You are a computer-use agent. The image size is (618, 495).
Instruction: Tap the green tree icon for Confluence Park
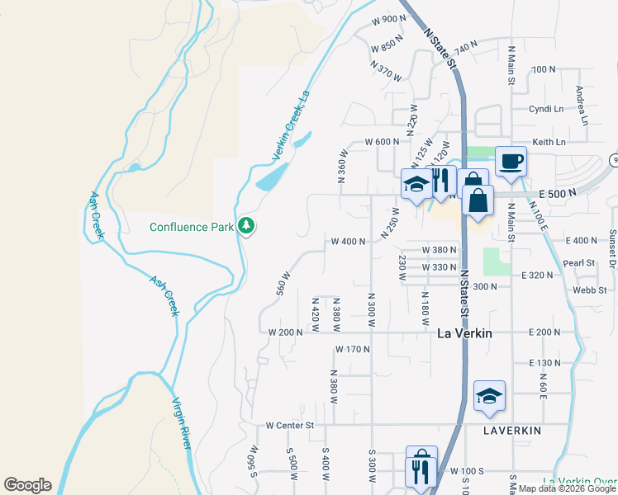pos(246,225)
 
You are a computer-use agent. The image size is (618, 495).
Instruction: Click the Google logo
pos(27,485)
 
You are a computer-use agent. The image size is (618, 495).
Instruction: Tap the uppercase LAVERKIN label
pos(511,431)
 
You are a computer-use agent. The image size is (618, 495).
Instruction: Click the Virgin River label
pos(182,423)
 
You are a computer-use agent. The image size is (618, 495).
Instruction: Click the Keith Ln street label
pos(549,142)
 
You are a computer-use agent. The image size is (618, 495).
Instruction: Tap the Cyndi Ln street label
pos(546,109)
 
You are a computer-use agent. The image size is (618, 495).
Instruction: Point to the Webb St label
pos(590,290)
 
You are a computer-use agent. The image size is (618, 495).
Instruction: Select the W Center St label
pos(291,426)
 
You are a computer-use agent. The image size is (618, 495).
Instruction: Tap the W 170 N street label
pos(353,350)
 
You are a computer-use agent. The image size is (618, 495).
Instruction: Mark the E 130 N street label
pos(544,363)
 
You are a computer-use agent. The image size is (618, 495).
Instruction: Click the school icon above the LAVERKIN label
pos(489,395)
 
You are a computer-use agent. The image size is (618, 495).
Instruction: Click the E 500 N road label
pos(555,193)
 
